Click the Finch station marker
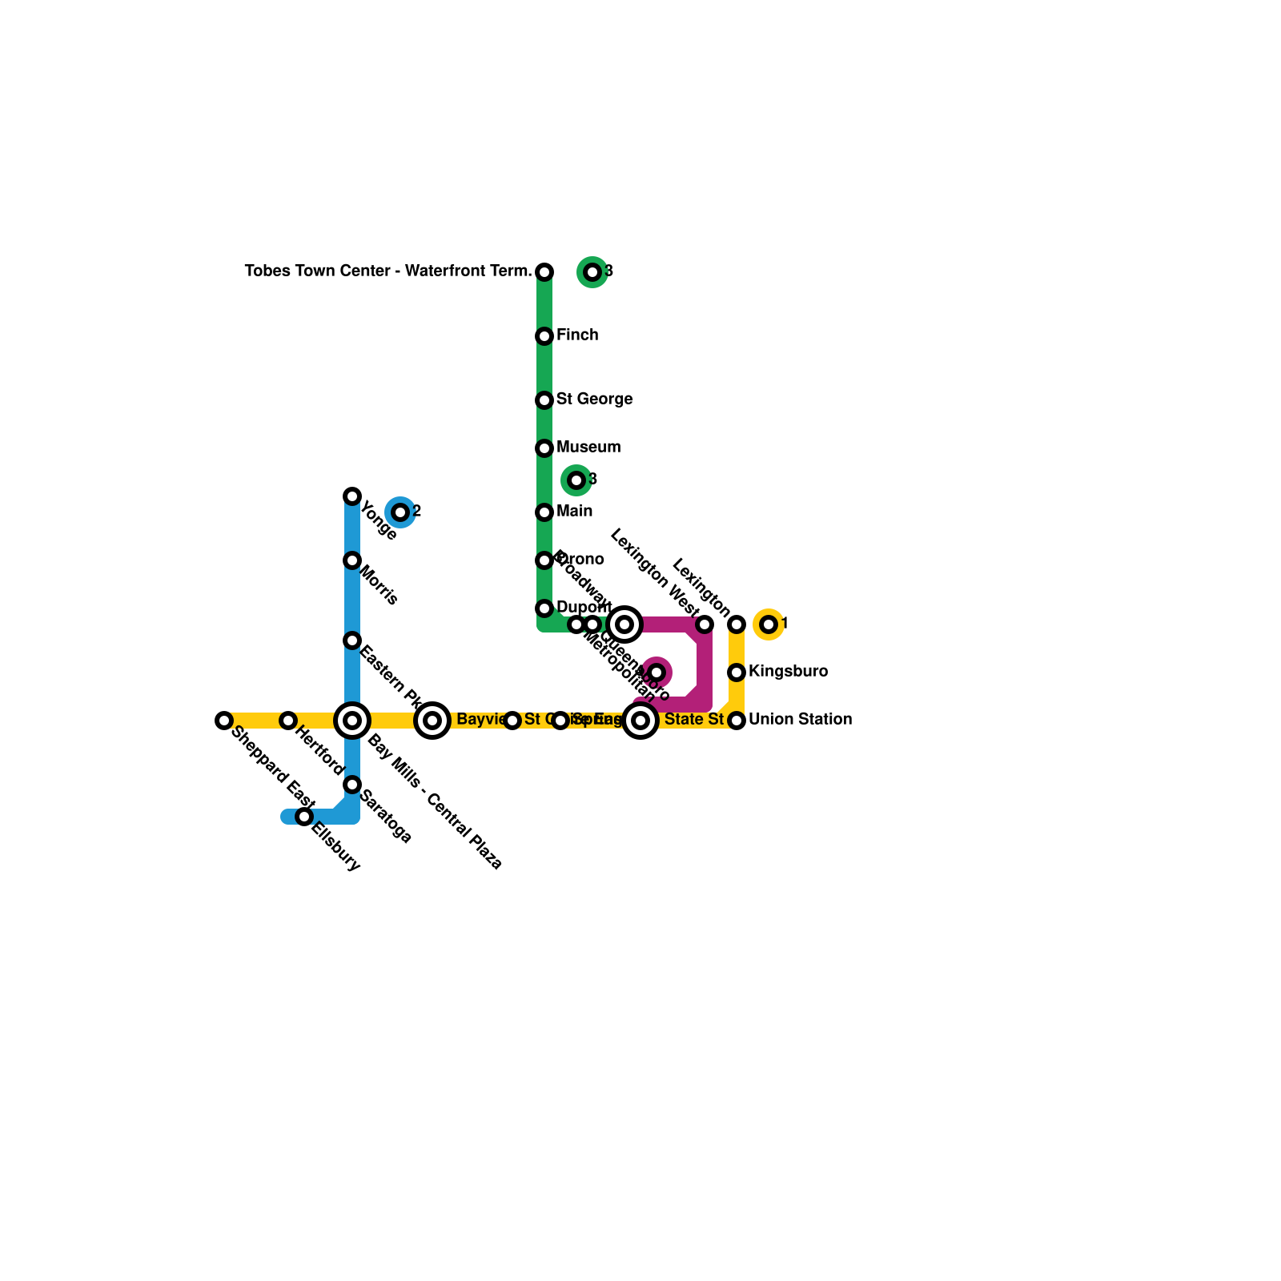[x=544, y=336]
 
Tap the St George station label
[x=594, y=399]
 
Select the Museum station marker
[x=544, y=448]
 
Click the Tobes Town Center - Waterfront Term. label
[x=388, y=271]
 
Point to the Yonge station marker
[x=352, y=496]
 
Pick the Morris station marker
[x=352, y=560]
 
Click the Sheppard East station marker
[x=224, y=721]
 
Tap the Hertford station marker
[x=288, y=721]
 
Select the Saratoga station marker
[x=352, y=785]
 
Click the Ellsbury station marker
[x=304, y=817]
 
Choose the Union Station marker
[x=737, y=721]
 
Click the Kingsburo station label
[x=788, y=671]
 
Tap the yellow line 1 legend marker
[x=769, y=624]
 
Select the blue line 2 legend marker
[x=400, y=512]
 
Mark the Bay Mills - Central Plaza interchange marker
[x=352, y=721]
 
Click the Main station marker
[x=544, y=512]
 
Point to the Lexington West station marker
[x=705, y=624]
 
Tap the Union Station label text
[x=800, y=719]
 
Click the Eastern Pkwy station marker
[x=352, y=640]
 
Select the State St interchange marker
[x=640, y=721]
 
